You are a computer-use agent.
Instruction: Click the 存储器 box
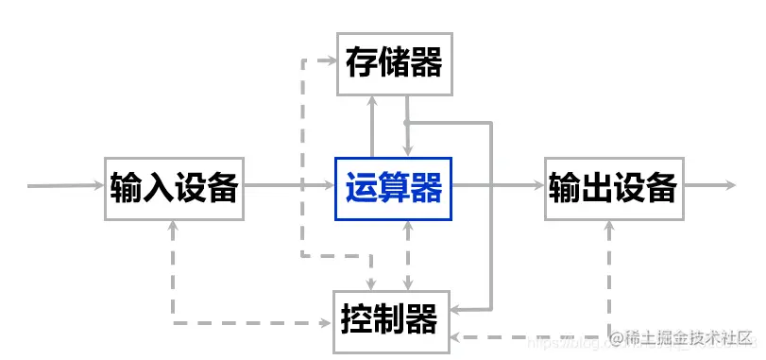[x=395, y=63]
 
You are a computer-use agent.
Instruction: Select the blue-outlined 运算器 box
[x=395, y=187]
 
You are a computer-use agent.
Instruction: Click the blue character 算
[x=395, y=187]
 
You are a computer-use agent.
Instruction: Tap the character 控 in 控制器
[x=358, y=320]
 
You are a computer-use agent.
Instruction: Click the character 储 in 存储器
[x=395, y=63]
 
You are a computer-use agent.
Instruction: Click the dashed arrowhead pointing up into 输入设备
[x=174, y=227]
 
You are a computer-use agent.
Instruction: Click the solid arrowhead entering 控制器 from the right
[x=455, y=309]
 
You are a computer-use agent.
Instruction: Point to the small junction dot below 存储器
[x=406, y=123]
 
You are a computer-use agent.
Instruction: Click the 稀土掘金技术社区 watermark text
[x=685, y=337]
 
